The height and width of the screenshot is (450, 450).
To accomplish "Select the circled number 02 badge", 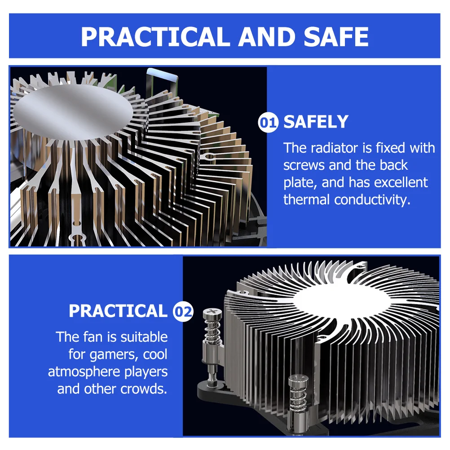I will pyautogui.click(x=183, y=311).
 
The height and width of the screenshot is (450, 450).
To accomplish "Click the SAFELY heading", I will pyautogui.click(x=316, y=122).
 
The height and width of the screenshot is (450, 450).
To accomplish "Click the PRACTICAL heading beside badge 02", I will pyautogui.click(x=118, y=311).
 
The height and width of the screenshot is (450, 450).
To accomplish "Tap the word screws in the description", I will pyautogui.click(x=304, y=165).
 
